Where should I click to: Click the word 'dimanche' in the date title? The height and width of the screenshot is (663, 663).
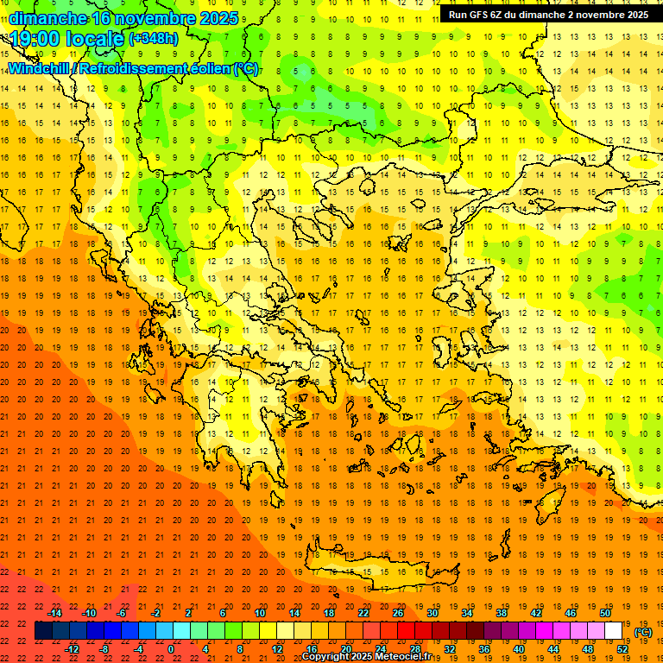click(x=47, y=18)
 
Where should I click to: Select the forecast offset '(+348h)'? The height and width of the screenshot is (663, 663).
click(x=154, y=39)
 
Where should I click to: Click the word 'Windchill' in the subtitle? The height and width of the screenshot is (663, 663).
click(x=40, y=68)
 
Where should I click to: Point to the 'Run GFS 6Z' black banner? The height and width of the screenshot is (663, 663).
click(x=548, y=15)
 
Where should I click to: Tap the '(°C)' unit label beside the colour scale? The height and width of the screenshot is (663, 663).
click(x=643, y=632)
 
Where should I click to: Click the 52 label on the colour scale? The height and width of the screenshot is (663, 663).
click(x=622, y=649)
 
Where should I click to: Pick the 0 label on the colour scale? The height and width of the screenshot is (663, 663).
click(x=171, y=649)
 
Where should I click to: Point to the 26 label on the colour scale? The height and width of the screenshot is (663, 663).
click(x=398, y=613)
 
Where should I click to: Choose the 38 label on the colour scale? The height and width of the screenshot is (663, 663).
click(x=502, y=613)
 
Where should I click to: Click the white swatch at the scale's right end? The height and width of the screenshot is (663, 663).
click(x=614, y=631)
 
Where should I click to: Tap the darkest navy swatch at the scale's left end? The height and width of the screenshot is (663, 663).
click(x=43, y=631)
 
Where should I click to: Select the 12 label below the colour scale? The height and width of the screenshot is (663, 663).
click(x=276, y=649)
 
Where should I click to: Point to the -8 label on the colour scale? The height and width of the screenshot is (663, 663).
click(x=104, y=649)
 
